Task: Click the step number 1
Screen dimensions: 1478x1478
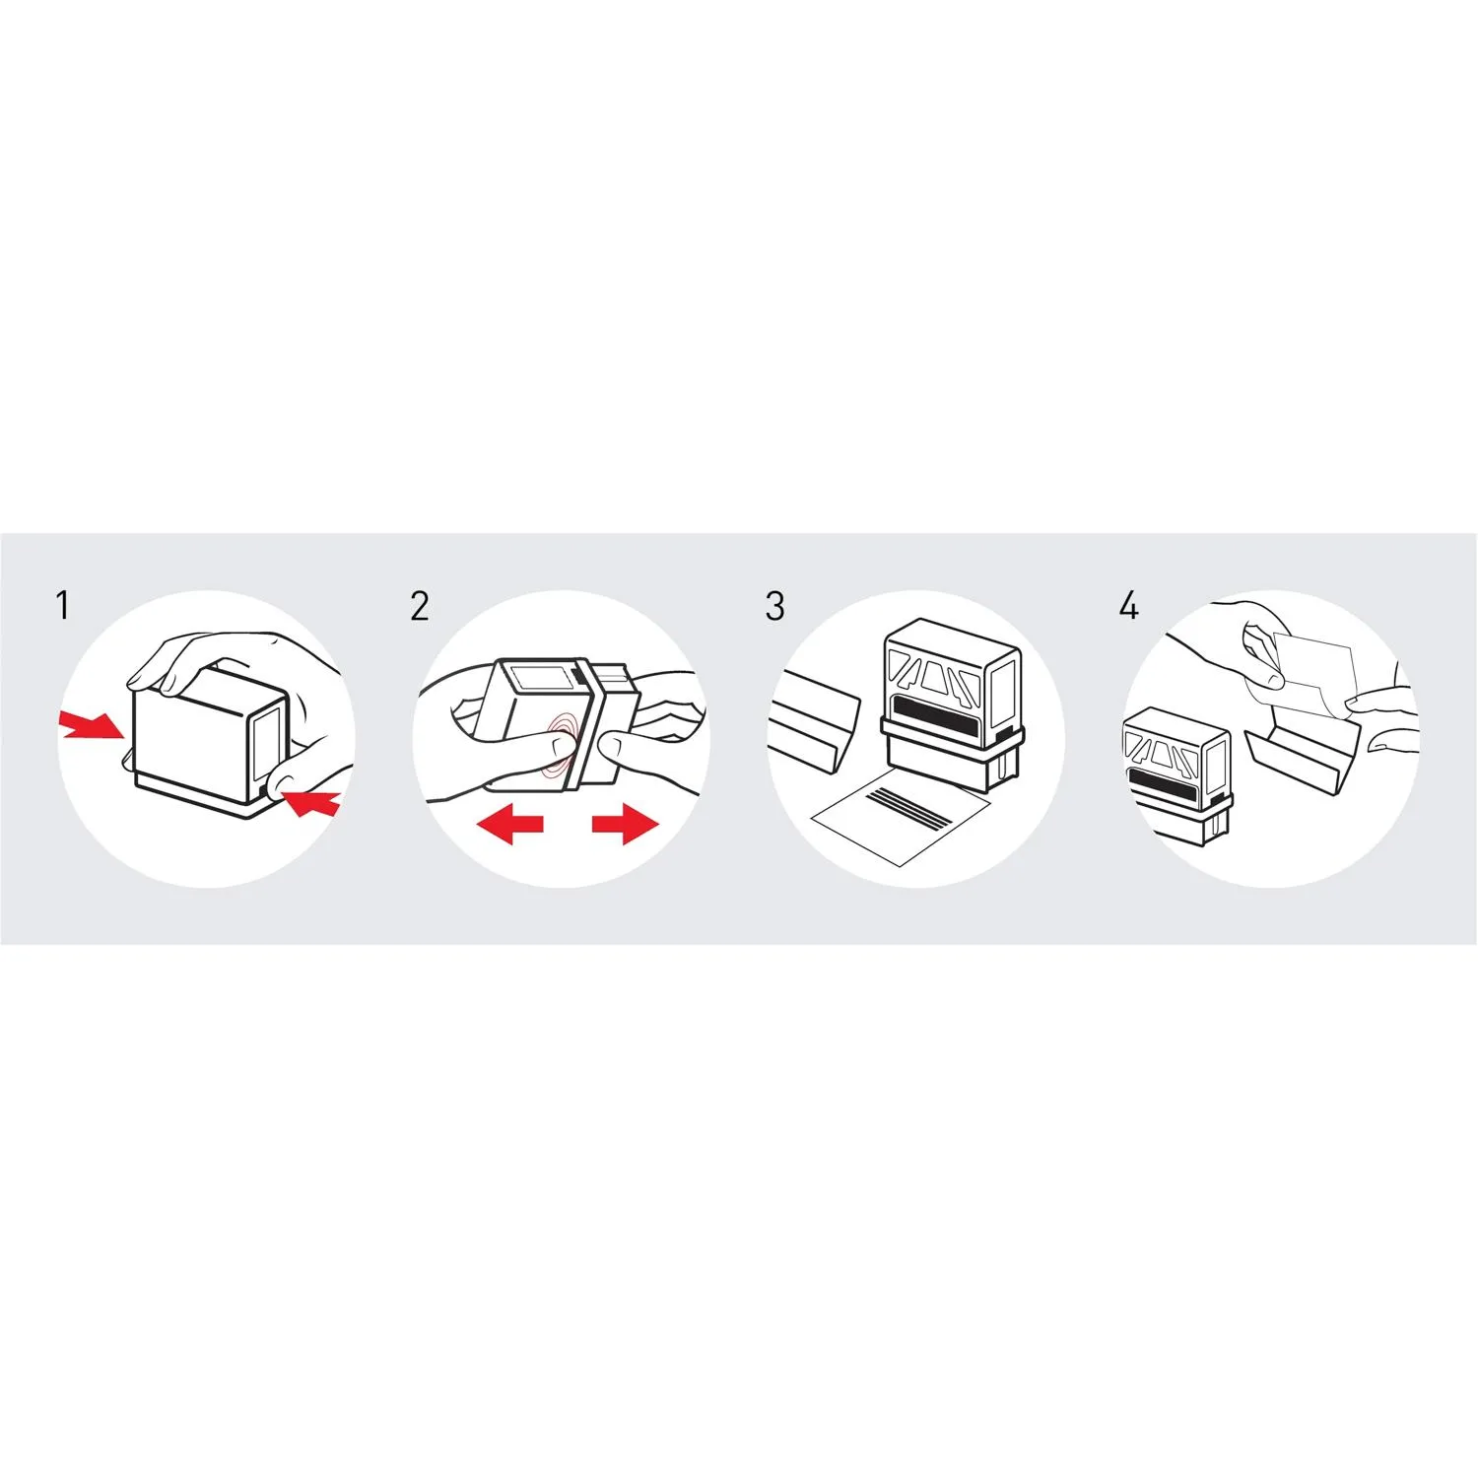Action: coord(63,605)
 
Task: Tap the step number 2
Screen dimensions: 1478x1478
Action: coord(420,606)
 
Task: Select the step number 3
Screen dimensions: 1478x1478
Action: coord(775,606)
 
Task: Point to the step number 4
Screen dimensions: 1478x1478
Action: coord(1129,605)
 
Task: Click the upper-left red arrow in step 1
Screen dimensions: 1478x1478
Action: coord(92,724)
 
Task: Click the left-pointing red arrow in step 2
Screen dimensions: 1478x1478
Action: coord(509,824)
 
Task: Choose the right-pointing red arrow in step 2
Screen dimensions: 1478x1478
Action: coord(626,824)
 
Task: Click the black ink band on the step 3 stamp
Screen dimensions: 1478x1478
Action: coord(937,721)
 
